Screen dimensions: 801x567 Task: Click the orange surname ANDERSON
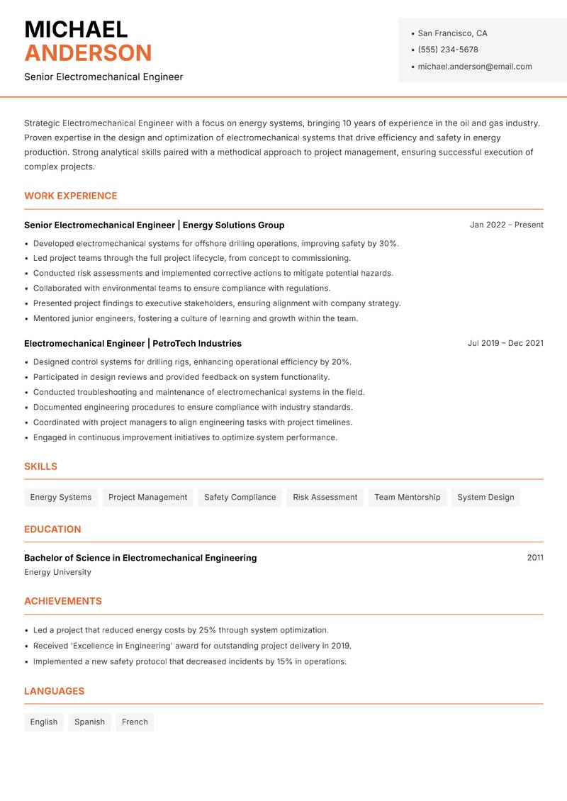point(88,53)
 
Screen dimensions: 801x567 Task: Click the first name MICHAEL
point(76,29)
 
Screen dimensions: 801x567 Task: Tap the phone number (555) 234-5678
point(447,50)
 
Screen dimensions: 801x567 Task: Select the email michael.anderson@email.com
point(474,67)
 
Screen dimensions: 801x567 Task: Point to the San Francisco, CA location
point(452,33)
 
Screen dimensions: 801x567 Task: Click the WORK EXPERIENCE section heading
point(71,196)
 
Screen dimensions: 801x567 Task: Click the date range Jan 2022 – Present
point(506,225)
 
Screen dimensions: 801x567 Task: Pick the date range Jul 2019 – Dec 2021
point(505,343)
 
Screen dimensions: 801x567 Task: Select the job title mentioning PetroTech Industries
point(133,343)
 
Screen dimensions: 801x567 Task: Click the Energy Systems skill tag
point(61,497)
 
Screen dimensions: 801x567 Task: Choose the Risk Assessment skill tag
point(325,497)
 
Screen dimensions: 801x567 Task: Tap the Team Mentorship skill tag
point(407,497)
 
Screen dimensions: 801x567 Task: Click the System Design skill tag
point(485,497)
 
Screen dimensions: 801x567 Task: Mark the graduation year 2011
point(535,558)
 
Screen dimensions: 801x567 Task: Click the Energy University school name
point(57,572)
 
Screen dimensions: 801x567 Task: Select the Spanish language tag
point(89,722)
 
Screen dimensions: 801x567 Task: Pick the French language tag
point(135,722)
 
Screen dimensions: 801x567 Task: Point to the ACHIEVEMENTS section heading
point(63,601)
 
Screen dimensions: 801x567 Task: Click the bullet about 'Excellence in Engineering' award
point(192,646)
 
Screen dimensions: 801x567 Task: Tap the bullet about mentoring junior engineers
point(196,318)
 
